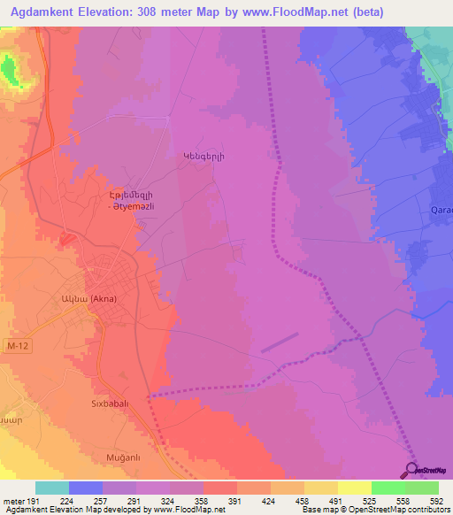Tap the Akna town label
point(88,298)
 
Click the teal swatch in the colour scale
point(52,488)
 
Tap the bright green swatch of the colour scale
point(388,488)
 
